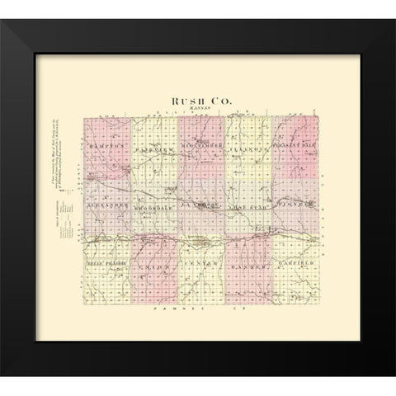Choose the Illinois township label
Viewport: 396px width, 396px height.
(248, 149)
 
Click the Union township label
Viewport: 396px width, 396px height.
(154, 269)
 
